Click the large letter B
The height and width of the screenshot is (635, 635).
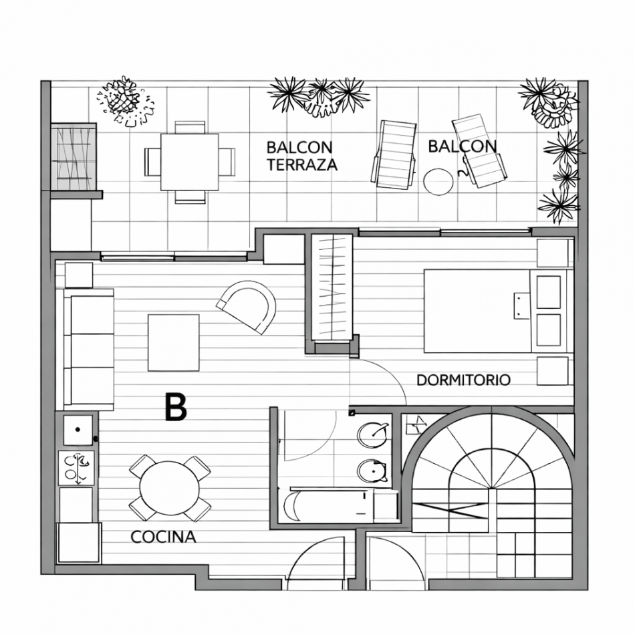[x=175, y=407]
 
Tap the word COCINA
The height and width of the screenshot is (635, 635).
[x=163, y=537]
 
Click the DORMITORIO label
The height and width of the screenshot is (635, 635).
[x=463, y=380]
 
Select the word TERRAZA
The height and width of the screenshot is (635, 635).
[x=302, y=165]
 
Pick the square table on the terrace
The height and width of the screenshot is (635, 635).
[x=190, y=162]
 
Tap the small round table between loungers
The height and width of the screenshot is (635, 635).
[x=439, y=181]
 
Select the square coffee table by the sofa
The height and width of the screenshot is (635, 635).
[x=173, y=342]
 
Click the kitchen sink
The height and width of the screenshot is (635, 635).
[x=78, y=429]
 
